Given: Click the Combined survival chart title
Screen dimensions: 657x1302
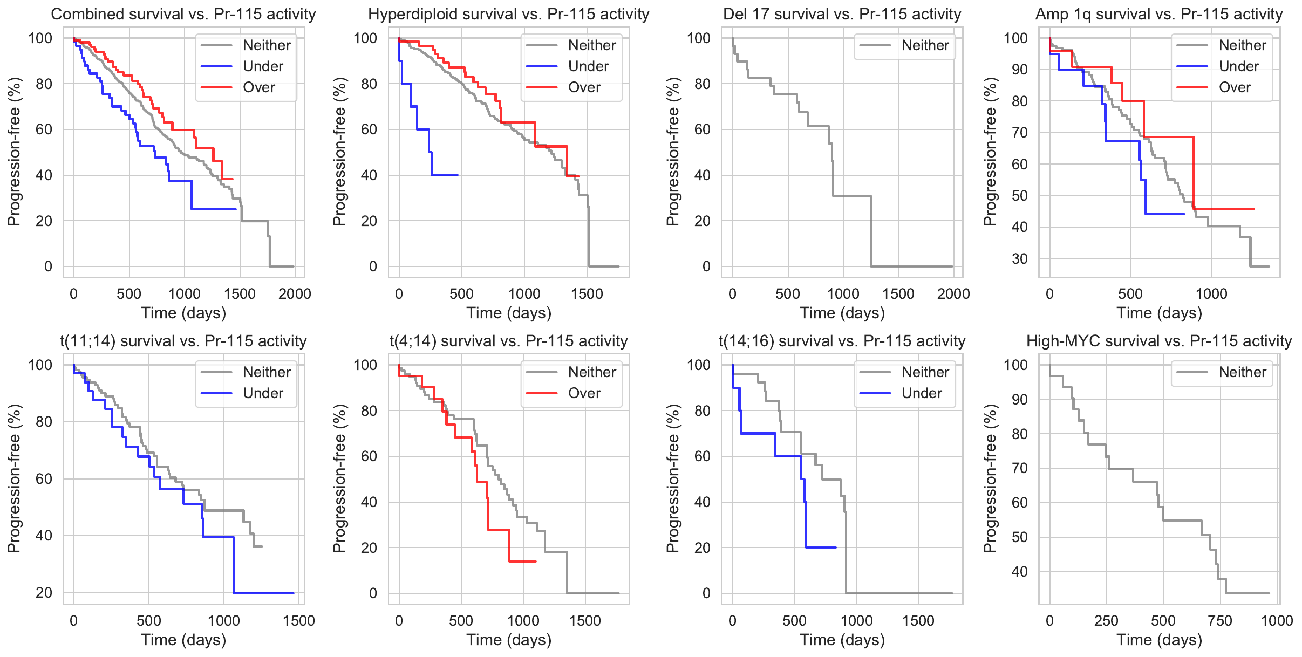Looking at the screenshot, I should (x=183, y=14).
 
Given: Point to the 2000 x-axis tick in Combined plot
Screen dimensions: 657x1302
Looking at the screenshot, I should (x=295, y=294).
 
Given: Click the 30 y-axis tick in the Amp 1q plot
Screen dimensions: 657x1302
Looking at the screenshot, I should (x=1019, y=259).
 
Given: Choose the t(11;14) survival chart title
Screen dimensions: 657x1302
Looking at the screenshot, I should (x=183, y=341).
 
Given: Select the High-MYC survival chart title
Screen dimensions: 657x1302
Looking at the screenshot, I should (x=1159, y=341).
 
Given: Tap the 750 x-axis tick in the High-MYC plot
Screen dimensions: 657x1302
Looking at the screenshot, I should (x=1220, y=621).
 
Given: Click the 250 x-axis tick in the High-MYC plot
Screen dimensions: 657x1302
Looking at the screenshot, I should (x=1106, y=621).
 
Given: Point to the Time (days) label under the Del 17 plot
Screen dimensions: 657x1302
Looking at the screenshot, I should (x=842, y=313).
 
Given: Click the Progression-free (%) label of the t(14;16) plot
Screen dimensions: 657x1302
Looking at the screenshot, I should (x=672, y=478).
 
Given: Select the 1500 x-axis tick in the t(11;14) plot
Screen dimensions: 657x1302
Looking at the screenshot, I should (x=299, y=621).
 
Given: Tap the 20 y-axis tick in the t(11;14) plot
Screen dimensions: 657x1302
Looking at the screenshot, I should (x=44, y=593).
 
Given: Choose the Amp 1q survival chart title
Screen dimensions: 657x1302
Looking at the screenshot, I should (x=1159, y=14).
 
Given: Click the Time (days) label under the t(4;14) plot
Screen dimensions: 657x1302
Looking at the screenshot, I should (x=509, y=640).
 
